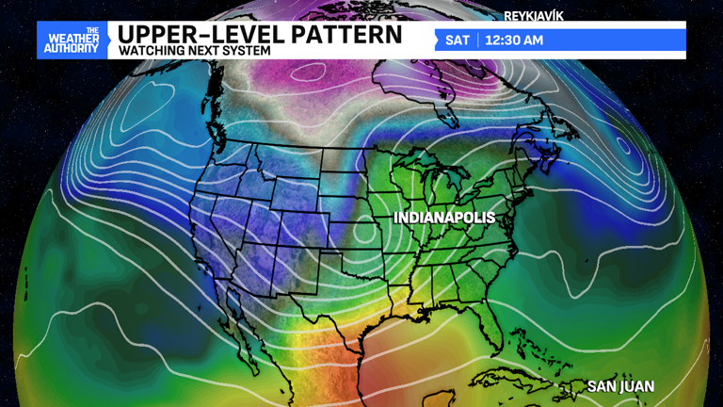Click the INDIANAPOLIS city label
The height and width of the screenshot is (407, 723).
point(443,218)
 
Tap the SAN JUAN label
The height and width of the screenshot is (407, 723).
point(619,386)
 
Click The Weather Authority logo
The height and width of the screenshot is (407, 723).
point(72,41)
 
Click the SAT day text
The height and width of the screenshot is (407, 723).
point(458,41)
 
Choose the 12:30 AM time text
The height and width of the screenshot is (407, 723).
point(515,41)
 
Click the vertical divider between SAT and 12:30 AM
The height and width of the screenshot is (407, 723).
point(478,41)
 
